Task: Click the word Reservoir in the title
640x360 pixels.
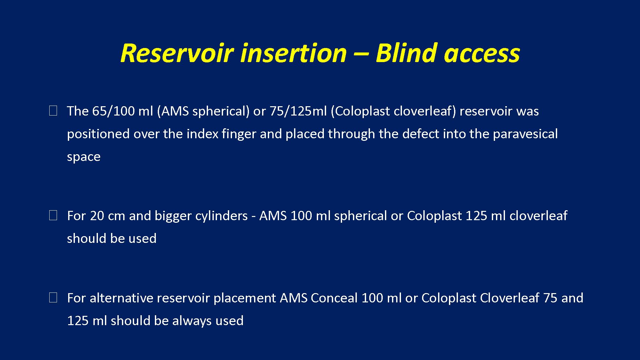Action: coord(177,53)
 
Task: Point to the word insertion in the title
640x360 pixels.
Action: coord(294,53)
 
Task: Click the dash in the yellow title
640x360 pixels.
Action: coord(361,54)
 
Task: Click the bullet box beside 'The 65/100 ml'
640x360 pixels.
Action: coord(53,111)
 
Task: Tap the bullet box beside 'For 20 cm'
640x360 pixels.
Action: coord(53,215)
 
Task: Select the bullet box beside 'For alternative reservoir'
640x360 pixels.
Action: coord(53,298)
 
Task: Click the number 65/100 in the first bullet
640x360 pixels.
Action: coord(113,111)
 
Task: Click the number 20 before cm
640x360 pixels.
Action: coord(97,216)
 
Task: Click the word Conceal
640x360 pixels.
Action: coord(334,298)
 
